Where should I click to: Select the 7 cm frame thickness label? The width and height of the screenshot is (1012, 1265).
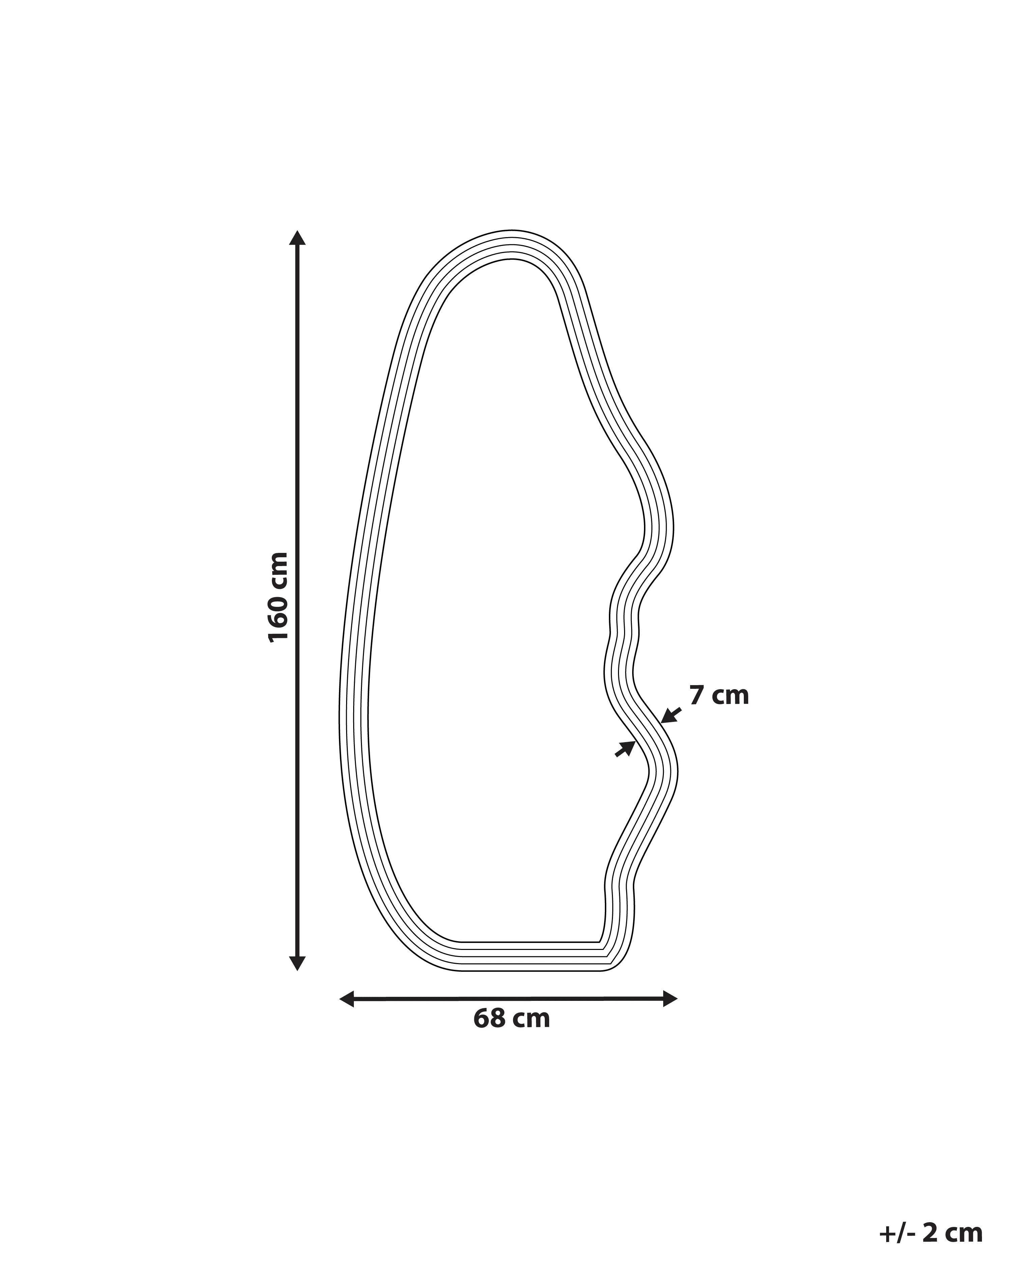click(719, 695)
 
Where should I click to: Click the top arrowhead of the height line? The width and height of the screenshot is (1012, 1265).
click(298, 237)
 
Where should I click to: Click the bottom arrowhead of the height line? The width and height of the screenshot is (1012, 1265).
click(298, 963)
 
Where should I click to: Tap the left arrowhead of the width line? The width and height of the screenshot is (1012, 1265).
click(347, 998)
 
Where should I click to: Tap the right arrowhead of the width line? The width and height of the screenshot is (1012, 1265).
click(670, 998)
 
